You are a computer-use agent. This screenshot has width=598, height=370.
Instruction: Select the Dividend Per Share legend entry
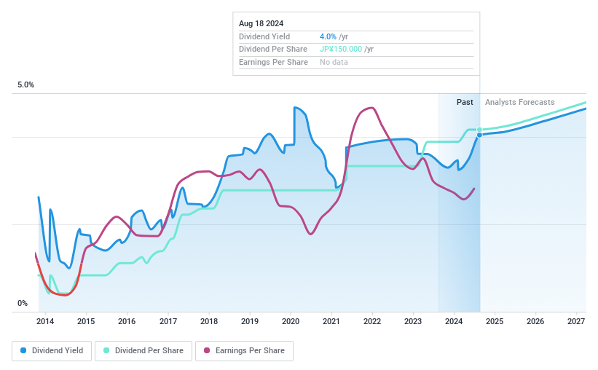coord(143,350)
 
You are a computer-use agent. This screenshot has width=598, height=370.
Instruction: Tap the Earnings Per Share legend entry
coord(244,350)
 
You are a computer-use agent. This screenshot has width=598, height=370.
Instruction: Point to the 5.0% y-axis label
coord(25,85)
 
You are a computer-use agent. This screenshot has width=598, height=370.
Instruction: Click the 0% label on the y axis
coord(23,304)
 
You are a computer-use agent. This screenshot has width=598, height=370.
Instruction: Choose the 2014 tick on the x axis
coord(45,321)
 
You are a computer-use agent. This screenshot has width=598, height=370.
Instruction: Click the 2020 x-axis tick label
coord(291,321)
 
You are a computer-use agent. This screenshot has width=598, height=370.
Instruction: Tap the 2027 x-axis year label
coord(576,321)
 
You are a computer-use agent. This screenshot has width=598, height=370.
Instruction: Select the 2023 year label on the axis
coord(413,321)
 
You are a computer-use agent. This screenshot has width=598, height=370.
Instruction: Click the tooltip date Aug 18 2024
coord(262,23)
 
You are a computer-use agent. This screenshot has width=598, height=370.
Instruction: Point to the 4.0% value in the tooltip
coord(328,36)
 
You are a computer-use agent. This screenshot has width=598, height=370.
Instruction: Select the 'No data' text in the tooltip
coord(334,63)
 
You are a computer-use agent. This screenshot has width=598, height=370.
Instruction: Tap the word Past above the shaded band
coord(465,102)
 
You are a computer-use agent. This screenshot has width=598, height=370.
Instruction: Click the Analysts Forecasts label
coord(519,102)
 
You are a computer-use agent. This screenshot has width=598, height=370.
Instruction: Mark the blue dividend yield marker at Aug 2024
coord(479,135)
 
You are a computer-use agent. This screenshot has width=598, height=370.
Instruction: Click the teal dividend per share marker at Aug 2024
coord(479,130)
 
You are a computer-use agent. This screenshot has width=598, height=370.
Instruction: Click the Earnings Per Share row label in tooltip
coord(273,63)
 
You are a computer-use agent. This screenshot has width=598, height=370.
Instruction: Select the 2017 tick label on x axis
coord(168,321)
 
